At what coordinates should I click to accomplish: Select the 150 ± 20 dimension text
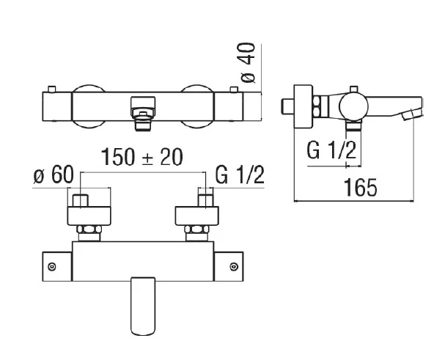(141, 157)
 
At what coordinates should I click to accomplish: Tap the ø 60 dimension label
(54, 176)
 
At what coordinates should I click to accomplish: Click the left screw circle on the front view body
(52, 267)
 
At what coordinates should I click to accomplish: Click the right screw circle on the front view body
(235, 267)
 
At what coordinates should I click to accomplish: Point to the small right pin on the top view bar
(235, 89)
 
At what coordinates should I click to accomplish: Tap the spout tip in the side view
(413, 113)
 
